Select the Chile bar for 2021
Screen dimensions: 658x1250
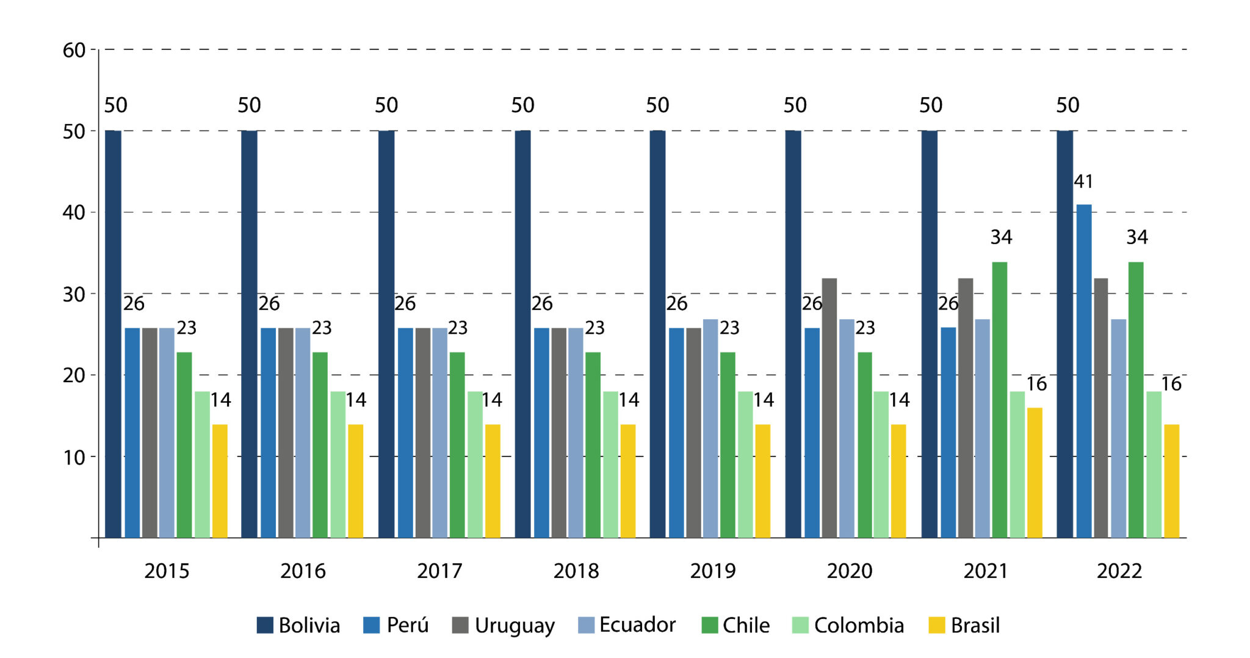pyautogui.click(x=999, y=400)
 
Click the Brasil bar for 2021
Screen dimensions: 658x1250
pyautogui.click(x=1035, y=472)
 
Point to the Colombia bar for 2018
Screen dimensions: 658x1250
pyautogui.click(x=610, y=464)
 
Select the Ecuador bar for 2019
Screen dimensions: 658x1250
pyautogui.click(x=710, y=428)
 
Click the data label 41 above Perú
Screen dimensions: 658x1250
pyautogui.click(x=1083, y=181)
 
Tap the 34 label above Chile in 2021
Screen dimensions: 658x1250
pyautogui.click(x=1001, y=237)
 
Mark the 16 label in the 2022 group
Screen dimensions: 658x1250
pyautogui.click(x=1171, y=383)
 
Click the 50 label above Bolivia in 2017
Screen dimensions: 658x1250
pyautogui.click(x=386, y=105)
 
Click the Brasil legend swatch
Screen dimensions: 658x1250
pyautogui.click(x=936, y=625)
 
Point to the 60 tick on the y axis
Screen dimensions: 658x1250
pyautogui.click(x=74, y=50)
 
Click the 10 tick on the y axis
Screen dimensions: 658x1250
pyautogui.click(x=74, y=457)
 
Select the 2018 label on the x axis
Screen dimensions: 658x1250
pyautogui.click(x=576, y=571)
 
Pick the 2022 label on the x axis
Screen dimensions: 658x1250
pyautogui.click(x=1119, y=571)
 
